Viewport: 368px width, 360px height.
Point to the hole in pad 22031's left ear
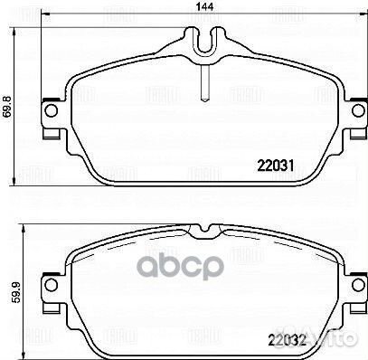point(48,117)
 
